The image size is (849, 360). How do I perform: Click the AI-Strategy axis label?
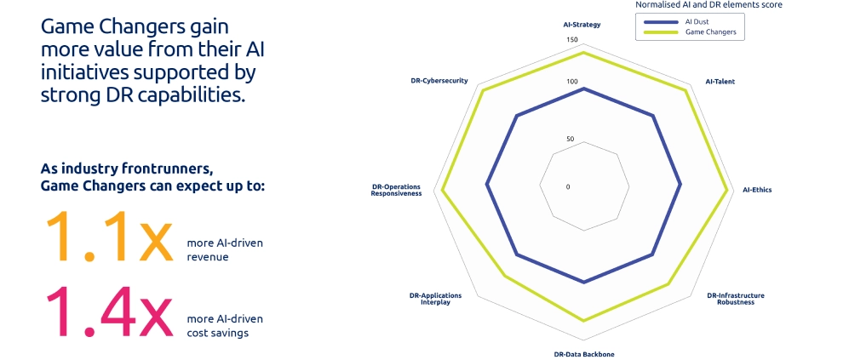pos(582,25)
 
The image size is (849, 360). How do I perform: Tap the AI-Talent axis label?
pos(720,82)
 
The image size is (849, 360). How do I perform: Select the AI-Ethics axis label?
pos(756,190)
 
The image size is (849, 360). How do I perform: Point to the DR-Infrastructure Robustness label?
pos(735,299)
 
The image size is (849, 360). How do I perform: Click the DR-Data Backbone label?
pos(583,353)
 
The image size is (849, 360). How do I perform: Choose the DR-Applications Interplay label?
pos(435,299)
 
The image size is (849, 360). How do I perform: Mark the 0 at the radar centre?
pos(568,186)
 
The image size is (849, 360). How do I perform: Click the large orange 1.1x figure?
pos(107,237)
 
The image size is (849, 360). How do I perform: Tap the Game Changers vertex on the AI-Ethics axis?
pos(728,191)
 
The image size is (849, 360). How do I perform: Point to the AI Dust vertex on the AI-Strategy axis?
pos(583,88)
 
